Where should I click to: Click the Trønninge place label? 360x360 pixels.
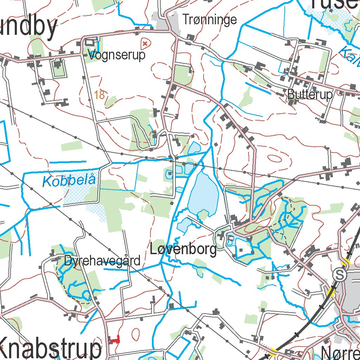point(210,20)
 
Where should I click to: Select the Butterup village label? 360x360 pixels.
point(309,94)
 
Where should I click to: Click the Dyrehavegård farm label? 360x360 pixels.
point(102,261)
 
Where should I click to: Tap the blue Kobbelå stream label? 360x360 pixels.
point(69,181)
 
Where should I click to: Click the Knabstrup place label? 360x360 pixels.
point(51,348)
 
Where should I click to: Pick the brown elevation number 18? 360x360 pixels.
point(99,95)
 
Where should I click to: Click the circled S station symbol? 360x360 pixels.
point(340,275)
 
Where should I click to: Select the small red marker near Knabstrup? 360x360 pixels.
point(115,340)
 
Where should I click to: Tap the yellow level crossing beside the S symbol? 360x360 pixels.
point(331,291)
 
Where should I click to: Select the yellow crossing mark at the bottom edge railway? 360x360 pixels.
point(273,351)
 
